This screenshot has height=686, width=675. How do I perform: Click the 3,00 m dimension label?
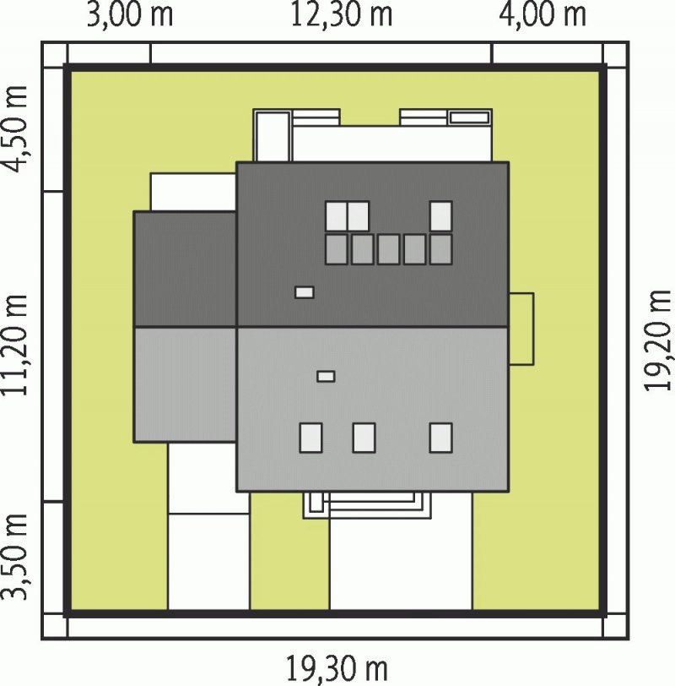point(130,16)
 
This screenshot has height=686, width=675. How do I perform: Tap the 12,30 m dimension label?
point(341,16)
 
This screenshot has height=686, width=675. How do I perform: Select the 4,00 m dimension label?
point(543,16)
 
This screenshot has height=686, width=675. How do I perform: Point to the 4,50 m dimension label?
point(16,129)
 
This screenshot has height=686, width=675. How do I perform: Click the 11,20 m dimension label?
point(16,346)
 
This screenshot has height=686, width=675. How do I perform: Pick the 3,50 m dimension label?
point(16,556)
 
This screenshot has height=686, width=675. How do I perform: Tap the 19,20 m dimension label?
point(658,340)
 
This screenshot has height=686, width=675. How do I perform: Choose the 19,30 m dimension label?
point(337,669)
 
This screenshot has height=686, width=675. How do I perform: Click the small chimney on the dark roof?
point(304,292)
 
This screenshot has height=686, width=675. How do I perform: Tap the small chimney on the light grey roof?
point(326,376)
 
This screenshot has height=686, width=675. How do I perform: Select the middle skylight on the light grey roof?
point(364,438)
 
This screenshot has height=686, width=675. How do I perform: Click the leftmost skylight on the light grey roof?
point(310,438)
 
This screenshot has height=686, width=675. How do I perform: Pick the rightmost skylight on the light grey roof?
point(440,438)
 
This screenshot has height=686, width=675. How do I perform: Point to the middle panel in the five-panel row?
point(388,249)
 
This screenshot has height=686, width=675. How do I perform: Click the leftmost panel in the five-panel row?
point(337,249)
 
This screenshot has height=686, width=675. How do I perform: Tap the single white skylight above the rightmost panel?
point(440,215)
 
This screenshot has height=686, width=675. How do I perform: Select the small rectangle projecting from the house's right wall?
point(521,329)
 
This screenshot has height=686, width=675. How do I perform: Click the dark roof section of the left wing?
point(186,269)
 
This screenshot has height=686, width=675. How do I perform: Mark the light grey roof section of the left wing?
point(186,384)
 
